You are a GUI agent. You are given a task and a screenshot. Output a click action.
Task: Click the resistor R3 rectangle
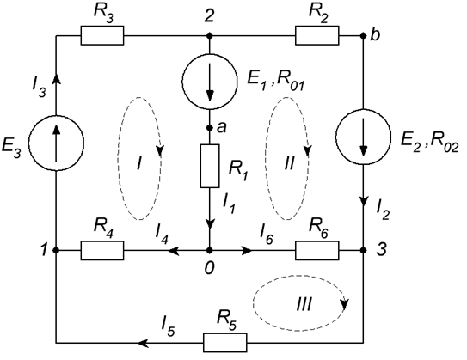point(102,35)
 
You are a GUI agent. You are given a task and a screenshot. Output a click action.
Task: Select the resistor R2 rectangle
point(316,35)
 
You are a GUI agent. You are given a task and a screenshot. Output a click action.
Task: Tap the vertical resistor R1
point(210,166)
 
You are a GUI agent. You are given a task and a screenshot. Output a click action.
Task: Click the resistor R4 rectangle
point(102,251)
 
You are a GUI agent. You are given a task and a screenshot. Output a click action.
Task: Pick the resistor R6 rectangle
point(316,251)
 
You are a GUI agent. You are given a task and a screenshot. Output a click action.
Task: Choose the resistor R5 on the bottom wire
point(225,343)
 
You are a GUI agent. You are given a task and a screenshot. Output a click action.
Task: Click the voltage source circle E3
point(56,143)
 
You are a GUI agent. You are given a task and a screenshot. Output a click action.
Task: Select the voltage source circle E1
point(210,82)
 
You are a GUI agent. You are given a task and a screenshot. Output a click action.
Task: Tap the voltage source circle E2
point(363,137)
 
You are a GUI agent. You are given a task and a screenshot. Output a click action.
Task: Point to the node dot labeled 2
point(210,36)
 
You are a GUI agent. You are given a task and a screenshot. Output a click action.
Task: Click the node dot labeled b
point(363,36)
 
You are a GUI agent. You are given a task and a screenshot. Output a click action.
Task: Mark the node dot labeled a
point(210,128)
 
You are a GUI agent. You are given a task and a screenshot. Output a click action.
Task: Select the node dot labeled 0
point(210,251)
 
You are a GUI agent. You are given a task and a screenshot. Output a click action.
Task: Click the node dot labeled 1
point(56,251)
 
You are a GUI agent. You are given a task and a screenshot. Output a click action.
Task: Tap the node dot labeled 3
point(363,251)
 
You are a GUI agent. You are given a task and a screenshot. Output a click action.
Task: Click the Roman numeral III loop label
point(304,305)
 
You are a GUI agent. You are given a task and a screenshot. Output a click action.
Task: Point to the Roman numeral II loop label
point(289,163)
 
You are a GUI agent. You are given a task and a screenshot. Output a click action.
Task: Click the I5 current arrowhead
point(144,343)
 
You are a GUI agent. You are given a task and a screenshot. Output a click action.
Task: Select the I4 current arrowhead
point(174,251)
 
